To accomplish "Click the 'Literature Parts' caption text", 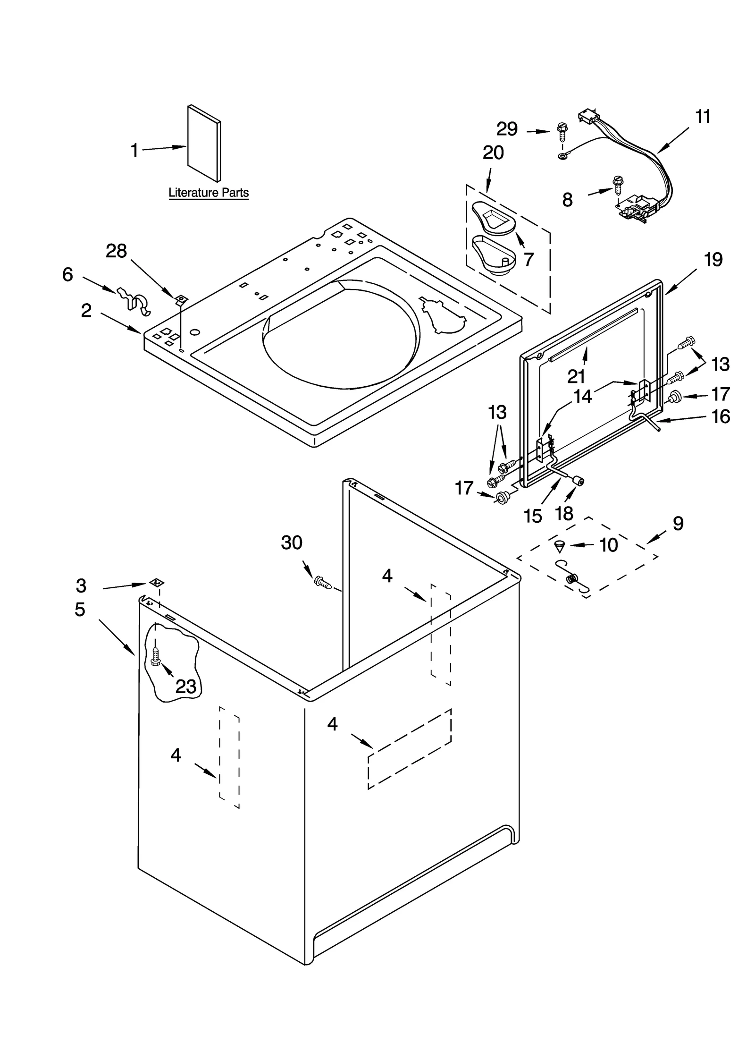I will (208, 193).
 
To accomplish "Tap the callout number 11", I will (703, 116).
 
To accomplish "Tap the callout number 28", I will (116, 251).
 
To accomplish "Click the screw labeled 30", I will (323, 582).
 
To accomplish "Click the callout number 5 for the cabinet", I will (80, 609).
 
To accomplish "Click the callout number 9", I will (678, 523).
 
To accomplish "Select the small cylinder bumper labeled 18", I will (578, 481).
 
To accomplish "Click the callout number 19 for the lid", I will (713, 260).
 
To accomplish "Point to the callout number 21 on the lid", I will (576, 376).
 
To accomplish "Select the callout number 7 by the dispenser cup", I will (528, 259).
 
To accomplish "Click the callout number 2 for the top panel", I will (86, 311).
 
